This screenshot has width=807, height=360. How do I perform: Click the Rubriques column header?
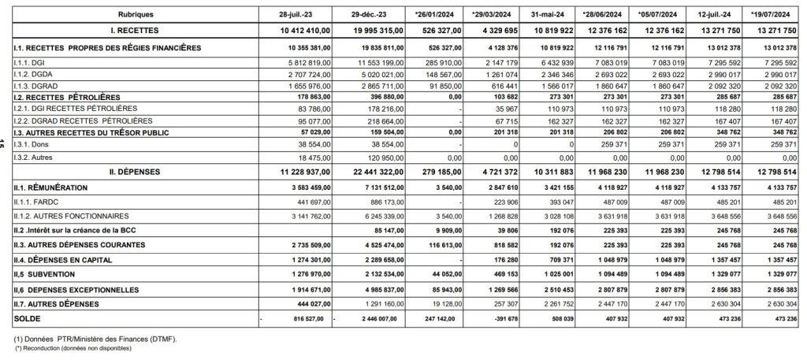click(136, 15)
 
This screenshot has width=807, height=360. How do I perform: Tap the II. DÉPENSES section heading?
click(135, 171)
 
